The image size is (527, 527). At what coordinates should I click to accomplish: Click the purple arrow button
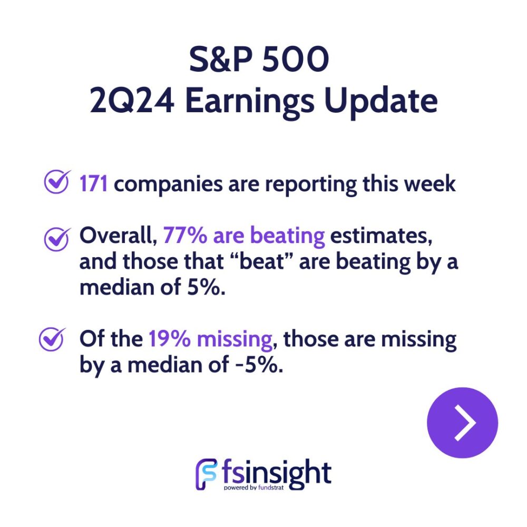pyautogui.click(x=462, y=423)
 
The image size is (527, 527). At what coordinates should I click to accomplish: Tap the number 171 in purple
pyautogui.click(x=93, y=184)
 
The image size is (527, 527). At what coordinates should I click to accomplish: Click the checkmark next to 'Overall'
pyautogui.click(x=57, y=239)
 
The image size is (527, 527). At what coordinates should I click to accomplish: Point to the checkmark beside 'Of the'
pyautogui.click(x=52, y=339)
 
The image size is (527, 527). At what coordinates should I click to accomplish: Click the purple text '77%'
pyautogui.click(x=185, y=235)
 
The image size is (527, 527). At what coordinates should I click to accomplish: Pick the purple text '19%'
pyautogui.click(x=170, y=339)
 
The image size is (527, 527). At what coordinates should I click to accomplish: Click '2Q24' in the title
pyautogui.click(x=132, y=101)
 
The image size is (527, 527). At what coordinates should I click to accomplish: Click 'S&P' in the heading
pyautogui.click(x=220, y=60)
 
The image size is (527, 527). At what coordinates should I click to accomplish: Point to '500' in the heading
pyautogui.click(x=296, y=60)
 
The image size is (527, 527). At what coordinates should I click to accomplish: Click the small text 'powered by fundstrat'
pyautogui.click(x=254, y=487)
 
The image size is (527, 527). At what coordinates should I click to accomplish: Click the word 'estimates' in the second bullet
pyautogui.click(x=381, y=236)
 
